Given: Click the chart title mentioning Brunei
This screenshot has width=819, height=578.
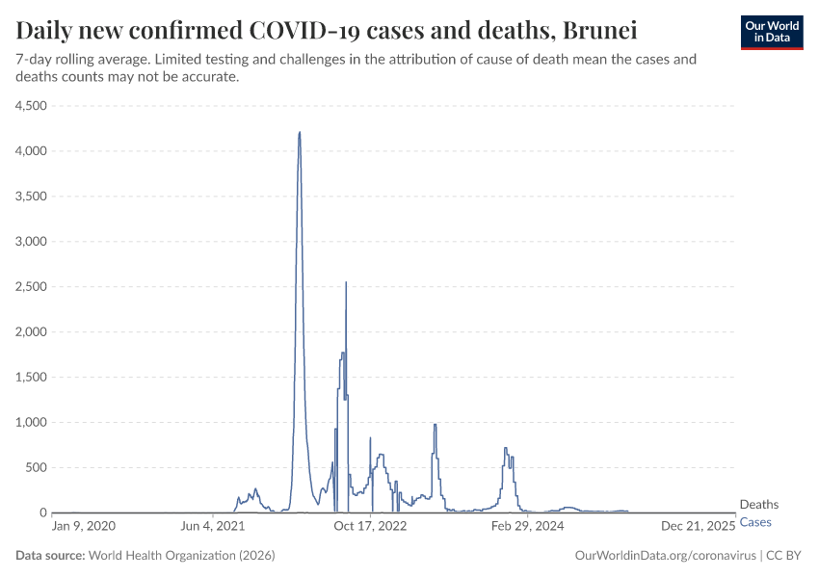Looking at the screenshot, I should click(x=327, y=30).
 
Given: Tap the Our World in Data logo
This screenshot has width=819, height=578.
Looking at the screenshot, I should click(x=771, y=32).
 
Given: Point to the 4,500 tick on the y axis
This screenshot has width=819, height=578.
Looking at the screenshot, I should click(x=31, y=106).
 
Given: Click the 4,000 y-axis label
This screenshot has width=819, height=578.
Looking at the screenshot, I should click(x=31, y=151).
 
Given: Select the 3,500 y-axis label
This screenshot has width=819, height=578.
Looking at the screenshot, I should click(x=31, y=197).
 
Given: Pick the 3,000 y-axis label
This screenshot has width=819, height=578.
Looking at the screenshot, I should click(x=31, y=242).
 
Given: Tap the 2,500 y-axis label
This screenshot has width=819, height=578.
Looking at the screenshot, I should click(x=31, y=287).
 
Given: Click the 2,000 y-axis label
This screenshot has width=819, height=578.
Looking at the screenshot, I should click(x=31, y=332).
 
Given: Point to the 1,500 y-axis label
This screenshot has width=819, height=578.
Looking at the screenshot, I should click(x=31, y=378).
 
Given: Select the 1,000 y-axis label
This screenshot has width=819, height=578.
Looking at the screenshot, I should click(x=31, y=423).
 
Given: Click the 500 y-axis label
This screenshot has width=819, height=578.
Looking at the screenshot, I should click(x=36, y=468).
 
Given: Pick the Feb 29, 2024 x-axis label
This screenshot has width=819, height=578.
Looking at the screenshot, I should click(x=527, y=527).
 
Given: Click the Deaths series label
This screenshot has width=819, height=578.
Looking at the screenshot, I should click(x=758, y=505).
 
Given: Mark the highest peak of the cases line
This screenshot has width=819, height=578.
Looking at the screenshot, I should click(x=300, y=132).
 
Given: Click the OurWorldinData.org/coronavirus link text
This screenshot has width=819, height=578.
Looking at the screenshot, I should click(x=665, y=556).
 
